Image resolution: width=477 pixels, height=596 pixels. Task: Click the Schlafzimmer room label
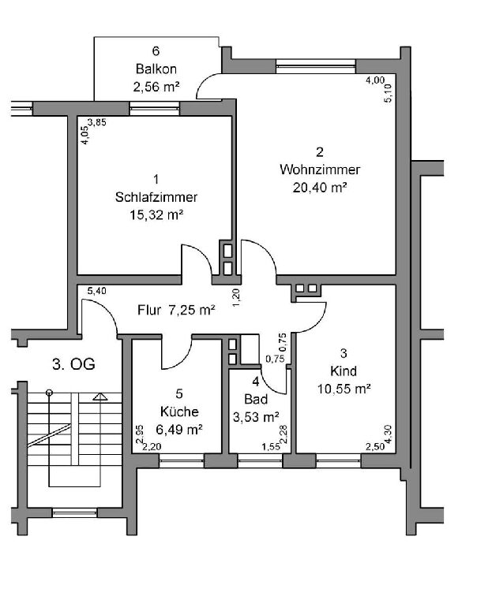[156, 197]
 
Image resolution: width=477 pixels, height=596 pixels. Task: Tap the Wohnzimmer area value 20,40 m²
[319, 188]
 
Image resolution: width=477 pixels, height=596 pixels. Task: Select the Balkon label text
[156, 69]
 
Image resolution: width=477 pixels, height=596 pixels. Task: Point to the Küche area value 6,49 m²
[179, 430]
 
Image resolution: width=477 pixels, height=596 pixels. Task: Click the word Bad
[256, 399]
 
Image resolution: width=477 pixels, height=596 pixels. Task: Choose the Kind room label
[344, 371]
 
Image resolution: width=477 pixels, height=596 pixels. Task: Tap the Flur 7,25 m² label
[176, 310]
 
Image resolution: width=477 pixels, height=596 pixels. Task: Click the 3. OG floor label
[73, 364]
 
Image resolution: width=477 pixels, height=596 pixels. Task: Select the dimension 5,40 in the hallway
[96, 291]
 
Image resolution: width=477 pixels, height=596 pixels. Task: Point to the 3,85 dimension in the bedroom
[96, 122]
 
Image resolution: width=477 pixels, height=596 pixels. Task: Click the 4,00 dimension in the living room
[375, 80]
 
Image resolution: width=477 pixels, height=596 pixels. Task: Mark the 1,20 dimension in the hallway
[236, 298]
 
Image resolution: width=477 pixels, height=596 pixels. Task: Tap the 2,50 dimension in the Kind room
[375, 447]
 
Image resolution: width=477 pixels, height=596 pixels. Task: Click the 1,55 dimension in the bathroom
[271, 447]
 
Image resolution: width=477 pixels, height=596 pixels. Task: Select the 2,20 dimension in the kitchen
[152, 447]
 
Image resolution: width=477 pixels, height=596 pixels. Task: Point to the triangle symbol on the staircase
[100, 397]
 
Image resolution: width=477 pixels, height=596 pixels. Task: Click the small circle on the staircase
[49, 393]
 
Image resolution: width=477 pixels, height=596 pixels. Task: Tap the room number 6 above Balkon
[156, 51]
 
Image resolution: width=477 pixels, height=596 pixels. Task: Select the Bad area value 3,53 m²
[256, 417]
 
